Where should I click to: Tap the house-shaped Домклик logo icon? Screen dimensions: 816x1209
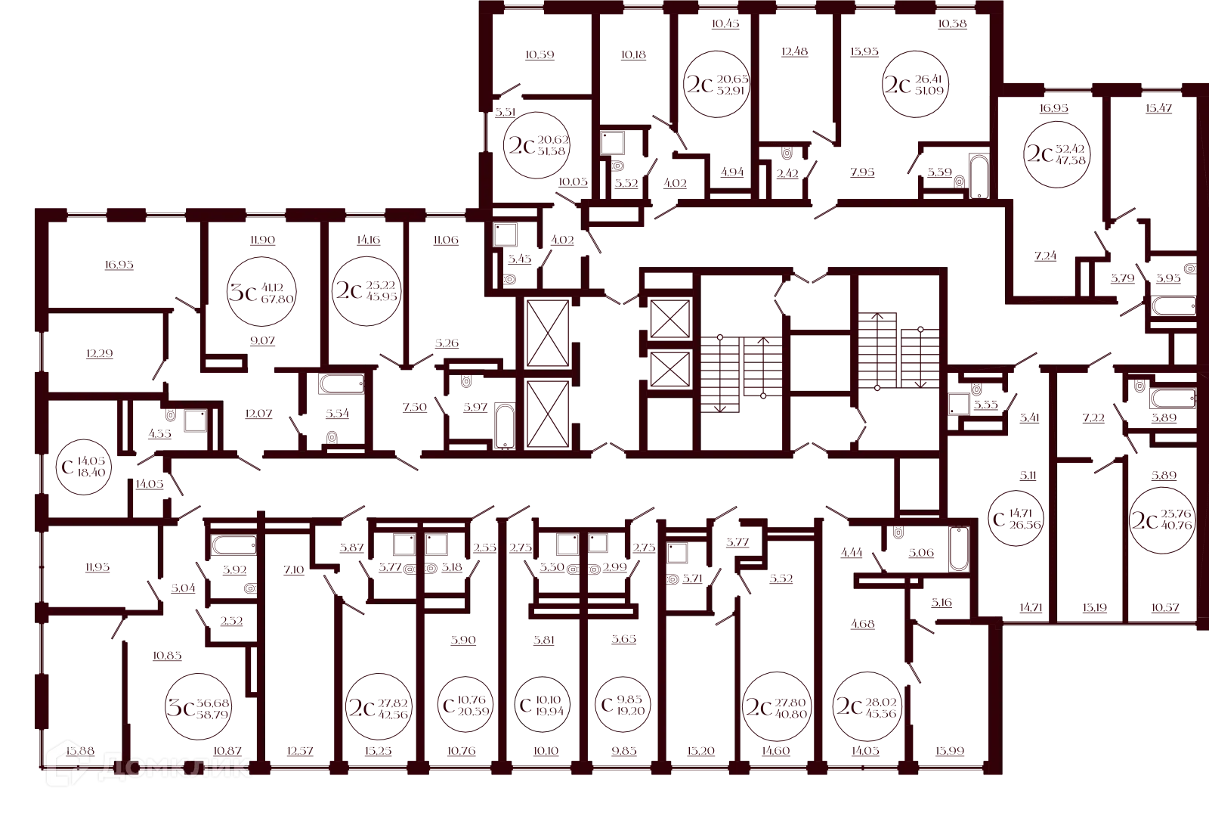click(x=69, y=764)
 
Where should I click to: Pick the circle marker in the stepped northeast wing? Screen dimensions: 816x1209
click(x=1057, y=151)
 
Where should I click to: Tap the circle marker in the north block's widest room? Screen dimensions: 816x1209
click(x=916, y=84)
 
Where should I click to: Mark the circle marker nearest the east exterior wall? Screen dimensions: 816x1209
click(x=1161, y=521)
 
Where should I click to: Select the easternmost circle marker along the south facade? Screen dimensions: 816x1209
click(x=869, y=705)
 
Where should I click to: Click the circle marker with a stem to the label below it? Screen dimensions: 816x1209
click(x=262, y=290)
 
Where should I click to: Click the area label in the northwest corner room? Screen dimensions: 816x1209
click(x=121, y=265)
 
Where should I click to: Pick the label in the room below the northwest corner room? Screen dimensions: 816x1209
click(x=100, y=353)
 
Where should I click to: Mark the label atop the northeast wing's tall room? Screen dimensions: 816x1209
click(x=1157, y=108)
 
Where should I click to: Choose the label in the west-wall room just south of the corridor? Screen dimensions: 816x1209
click(x=100, y=569)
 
